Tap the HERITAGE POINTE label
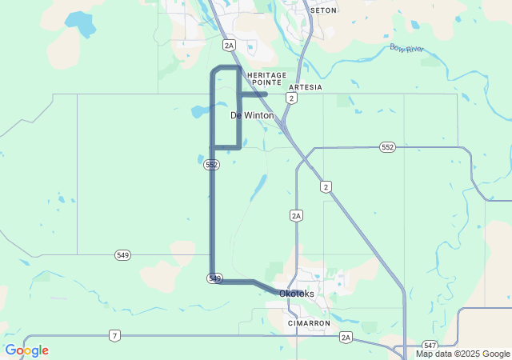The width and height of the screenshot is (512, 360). coord(266,78)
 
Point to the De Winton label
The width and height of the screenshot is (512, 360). coord(252,115)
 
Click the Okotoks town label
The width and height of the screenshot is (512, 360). coord(297,294)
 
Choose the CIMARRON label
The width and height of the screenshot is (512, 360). coord(309,323)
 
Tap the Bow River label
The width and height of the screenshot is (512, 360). coord(406,49)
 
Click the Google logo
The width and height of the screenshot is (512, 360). coord(26,350)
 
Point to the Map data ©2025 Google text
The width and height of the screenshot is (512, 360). coord(462,354)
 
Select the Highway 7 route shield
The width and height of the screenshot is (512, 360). coord(114,336)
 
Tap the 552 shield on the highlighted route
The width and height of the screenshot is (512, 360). coord(211,164)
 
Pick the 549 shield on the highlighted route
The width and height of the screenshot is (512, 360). coord(214,278)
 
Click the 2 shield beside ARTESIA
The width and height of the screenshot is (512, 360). coord(292,98)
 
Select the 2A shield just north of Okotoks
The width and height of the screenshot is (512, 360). coord(296,215)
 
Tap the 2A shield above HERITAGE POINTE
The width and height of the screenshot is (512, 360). coord(230,46)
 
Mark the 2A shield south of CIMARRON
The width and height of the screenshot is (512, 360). coord(345,337)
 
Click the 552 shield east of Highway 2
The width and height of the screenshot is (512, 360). coord(388,147)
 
